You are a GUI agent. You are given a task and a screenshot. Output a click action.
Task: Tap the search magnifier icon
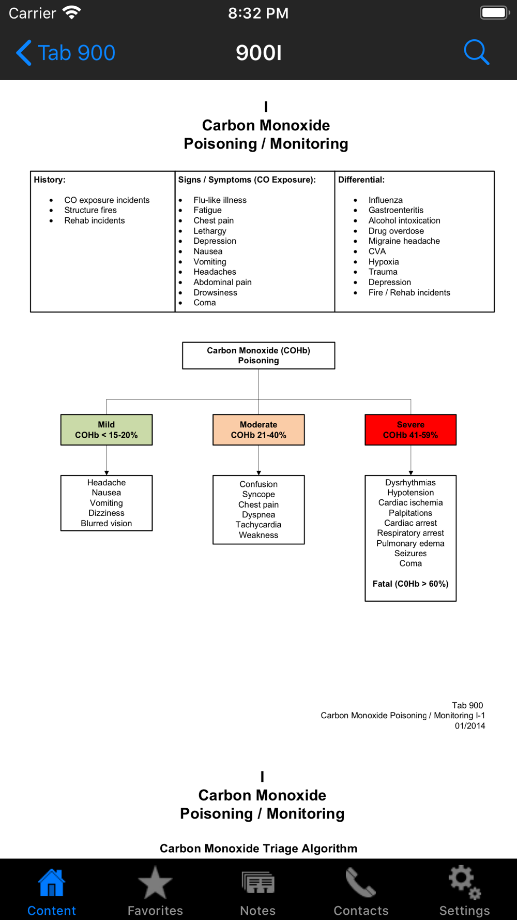click(476, 52)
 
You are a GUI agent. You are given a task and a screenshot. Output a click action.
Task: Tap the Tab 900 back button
click(66, 53)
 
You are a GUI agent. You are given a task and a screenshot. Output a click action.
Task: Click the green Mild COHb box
click(107, 430)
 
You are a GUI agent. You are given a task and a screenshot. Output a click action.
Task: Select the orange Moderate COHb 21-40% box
click(258, 430)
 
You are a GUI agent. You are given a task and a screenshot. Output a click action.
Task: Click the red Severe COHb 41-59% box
click(410, 430)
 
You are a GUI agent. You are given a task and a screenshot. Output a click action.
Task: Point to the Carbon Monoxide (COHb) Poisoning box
click(258, 355)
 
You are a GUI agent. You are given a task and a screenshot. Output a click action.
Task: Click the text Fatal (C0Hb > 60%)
click(410, 584)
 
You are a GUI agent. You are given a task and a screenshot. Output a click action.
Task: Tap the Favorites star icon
click(155, 883)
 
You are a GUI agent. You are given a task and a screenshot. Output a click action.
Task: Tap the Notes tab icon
click(258, 883)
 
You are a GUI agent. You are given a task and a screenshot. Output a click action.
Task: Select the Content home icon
click(52, 883)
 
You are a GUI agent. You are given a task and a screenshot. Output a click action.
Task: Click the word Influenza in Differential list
click(386, 200)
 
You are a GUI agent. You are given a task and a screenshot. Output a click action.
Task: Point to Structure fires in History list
click(90, 210)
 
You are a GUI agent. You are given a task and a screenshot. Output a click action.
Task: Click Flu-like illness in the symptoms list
click(220, 200)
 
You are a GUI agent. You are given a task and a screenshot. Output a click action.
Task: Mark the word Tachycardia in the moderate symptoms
click(258, 525)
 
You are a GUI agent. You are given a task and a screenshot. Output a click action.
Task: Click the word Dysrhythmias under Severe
click(410, 483)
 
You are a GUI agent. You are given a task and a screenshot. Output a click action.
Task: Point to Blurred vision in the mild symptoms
click(107, 523)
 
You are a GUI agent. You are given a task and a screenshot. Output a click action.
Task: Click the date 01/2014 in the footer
click(470, 726)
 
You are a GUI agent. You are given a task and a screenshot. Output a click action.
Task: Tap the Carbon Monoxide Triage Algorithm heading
click(258, 848)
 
